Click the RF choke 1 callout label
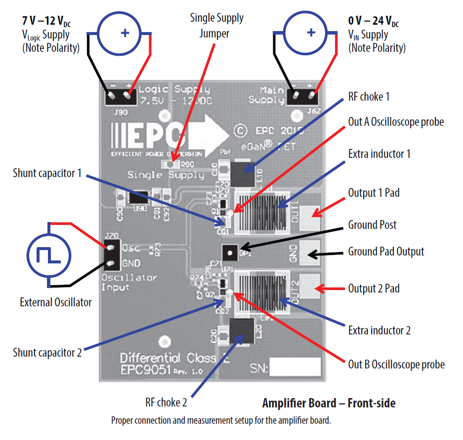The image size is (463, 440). (x=369, y=97)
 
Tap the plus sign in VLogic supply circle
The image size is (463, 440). (x=125, y=33)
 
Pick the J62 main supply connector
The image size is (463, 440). (x=303, y=97)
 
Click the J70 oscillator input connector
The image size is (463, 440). (x=111, y=256)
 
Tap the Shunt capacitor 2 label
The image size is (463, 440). (x=47, y=353)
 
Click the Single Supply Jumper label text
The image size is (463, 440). (x=216, y=26)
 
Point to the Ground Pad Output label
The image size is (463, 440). (x=386, y=252)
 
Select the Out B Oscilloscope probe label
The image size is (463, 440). (x=396, y=365)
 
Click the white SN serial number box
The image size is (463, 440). (x=295, y=367)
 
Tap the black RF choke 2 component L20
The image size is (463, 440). (x=241, y=332)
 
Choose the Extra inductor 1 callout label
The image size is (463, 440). (x=379, y=154)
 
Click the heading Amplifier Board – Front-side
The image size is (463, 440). (x=329, y=403)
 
